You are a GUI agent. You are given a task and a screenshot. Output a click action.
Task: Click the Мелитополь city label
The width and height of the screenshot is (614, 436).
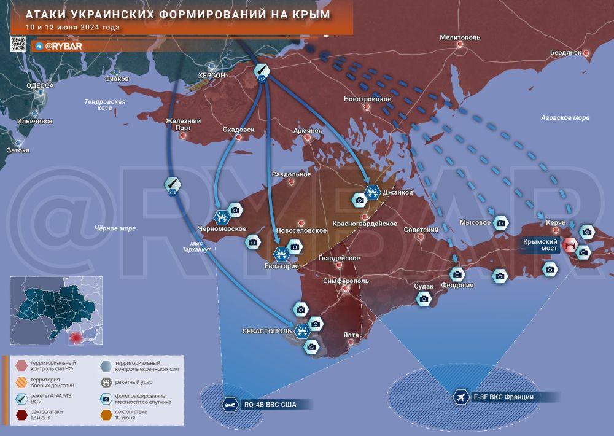(x=460, y=37)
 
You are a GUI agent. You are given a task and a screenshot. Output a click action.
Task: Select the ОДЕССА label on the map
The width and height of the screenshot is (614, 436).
(x=41, y=85)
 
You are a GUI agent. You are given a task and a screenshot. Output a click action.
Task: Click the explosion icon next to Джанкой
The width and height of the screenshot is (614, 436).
(x=372, y=193)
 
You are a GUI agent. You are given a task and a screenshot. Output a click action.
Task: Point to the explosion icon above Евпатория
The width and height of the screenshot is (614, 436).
(x=281, y=252)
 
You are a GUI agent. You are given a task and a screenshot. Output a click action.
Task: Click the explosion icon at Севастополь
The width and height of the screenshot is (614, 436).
(x=301, y=331)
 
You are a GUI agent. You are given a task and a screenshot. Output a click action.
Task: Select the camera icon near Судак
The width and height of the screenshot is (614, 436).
(x=424, y=298)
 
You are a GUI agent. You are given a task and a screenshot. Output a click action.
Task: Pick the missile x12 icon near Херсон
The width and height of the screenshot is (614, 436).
(x=262, y=72)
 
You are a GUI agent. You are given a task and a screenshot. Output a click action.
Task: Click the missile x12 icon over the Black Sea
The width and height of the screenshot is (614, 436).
(x=173, y=184)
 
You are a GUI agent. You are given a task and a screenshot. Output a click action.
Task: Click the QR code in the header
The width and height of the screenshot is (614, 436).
(x=18, y=44)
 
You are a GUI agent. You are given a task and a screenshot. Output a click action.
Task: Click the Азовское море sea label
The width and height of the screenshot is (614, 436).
(x=565, y=117)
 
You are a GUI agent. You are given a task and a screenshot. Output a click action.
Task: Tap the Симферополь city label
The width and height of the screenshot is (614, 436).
(x=345, y=281)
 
